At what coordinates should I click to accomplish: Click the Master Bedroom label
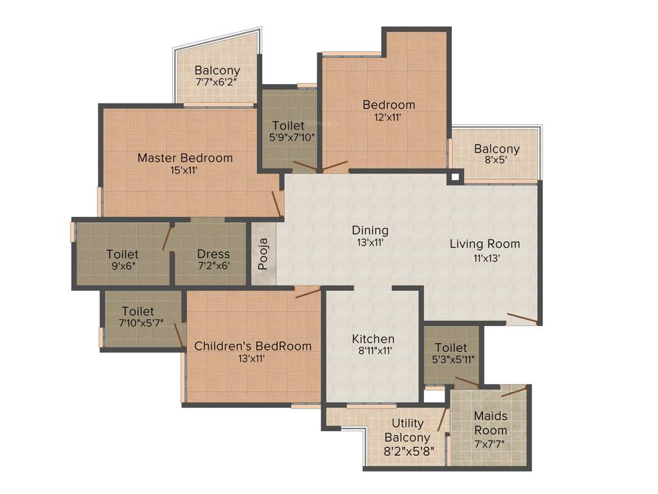coord(185,158)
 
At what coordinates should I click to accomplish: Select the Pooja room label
coord(262,254)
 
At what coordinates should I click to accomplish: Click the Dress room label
coord(213,254)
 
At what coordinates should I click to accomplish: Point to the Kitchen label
coord(373,339)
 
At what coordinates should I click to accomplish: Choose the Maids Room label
coord(491,423)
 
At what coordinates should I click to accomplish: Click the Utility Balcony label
coord(407,430)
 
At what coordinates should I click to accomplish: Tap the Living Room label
coord(485,244)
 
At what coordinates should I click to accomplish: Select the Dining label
coord(370,230)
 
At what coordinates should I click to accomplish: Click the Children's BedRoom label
coord(253,346)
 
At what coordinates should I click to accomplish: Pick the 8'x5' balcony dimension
coord(497,161)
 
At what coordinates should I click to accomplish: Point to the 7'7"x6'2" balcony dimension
coord(217,82)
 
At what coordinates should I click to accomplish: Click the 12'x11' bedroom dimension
coord(389,117)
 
